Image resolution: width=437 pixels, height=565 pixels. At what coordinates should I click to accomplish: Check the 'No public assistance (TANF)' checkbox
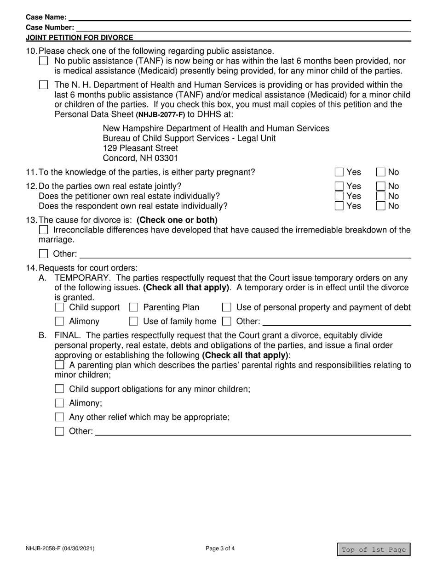pyautogui.click(x=44, y=61)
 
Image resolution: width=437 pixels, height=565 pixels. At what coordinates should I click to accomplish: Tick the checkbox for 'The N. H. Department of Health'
pyautogui.click(x=44, y=85)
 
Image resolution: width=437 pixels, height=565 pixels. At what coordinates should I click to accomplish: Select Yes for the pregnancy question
pyautogui.click(x=339, y=172)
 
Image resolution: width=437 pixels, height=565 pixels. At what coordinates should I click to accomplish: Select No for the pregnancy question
pyautogui.click(x=381, y=172)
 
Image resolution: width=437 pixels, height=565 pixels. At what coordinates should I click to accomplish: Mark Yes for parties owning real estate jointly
pyautogui.click(x=339, y=186)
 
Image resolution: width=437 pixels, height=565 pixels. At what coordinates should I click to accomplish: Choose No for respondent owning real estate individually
pyautogui.click(x=381, y=206)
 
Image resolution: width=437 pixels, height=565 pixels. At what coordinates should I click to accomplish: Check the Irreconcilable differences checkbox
pyautogui.click(x=44, y=230)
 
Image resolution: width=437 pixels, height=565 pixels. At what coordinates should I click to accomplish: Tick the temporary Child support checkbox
pyautogui.click(x=59, y=307)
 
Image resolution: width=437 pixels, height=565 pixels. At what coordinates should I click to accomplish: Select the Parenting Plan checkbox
pyautogui.click(x=134, y=307)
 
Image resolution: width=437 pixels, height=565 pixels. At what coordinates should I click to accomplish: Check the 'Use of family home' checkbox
pyautogui.click(x=134, y=321)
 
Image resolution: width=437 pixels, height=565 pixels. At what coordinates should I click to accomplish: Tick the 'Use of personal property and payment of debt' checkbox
pyautogui.click(x=226, y=307)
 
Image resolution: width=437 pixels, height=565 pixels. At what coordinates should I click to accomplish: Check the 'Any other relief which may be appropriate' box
pyautogui.click(x=59, y=417)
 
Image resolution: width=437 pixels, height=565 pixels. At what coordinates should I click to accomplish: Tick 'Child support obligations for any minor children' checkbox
pyautogui.click(x=59, y=389)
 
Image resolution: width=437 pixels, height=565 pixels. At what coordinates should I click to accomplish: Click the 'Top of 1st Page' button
pyautogui.click(x=374, y=549)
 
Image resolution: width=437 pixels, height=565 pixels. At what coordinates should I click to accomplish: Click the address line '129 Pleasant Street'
pyautogui.click(x=140, y=148)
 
